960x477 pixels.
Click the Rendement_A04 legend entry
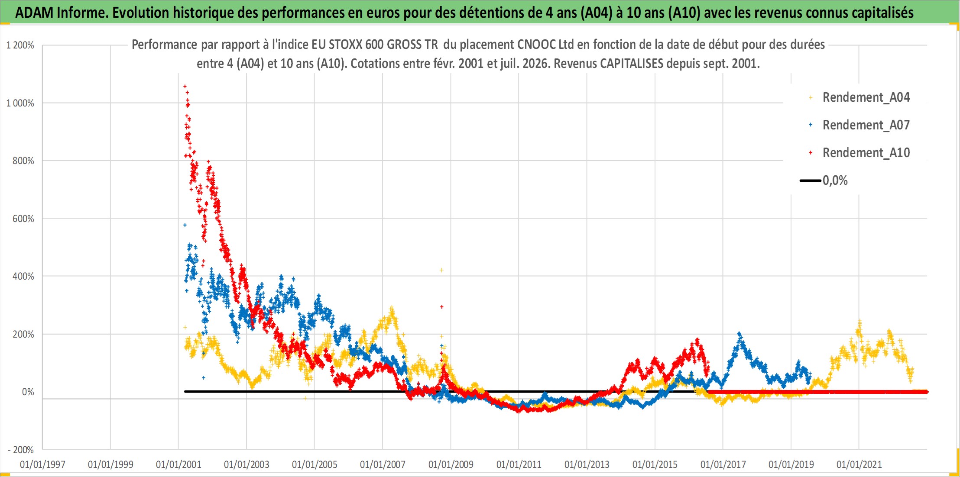859,97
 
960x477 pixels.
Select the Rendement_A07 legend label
866,125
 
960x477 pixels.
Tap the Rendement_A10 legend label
866,153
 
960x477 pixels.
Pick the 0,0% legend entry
824,180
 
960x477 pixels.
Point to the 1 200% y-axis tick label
20,45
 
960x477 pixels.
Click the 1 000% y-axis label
20,103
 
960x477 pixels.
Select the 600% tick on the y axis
23,219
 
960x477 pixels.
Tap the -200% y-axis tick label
21,450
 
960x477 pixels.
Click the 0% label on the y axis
28,392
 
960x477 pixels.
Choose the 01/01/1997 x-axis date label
42,464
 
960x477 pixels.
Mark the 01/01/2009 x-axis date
451,464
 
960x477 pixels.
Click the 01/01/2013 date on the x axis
587,464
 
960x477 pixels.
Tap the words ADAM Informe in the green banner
62,13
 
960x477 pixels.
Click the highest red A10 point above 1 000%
185,87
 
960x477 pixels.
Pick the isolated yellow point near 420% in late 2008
441,270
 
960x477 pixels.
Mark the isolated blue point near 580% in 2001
185,225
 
